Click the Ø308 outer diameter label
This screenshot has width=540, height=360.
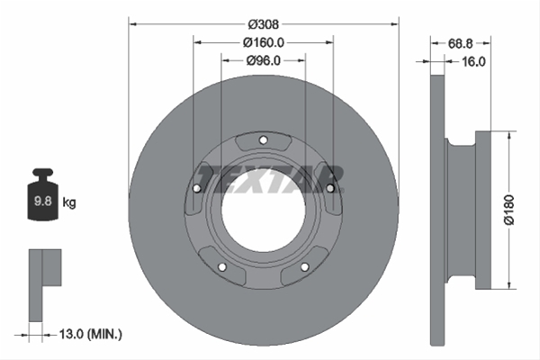pos(264,24)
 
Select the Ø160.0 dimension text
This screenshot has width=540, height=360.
pos(264,42)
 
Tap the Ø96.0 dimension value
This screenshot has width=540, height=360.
pos(264,60)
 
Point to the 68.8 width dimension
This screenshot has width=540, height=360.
pos(460,44)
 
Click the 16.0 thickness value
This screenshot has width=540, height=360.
pos(473,62)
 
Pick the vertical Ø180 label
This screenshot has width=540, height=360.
pos(509,210)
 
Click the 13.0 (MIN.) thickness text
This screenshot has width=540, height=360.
pos(91,334)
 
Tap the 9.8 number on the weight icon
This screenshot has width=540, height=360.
pos(42,201)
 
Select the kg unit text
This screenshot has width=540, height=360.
pos(69,202)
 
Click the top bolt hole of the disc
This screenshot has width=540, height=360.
pos(264,140)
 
